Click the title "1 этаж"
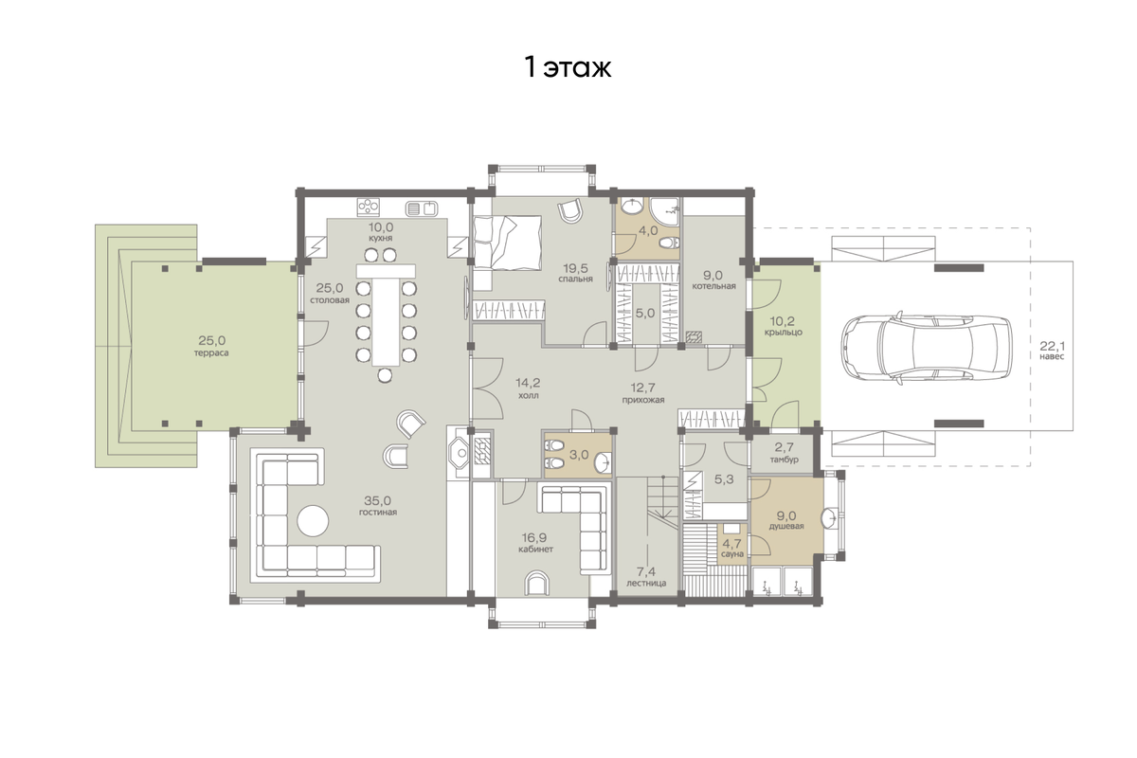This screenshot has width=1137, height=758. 568,68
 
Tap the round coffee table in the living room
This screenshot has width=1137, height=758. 313,521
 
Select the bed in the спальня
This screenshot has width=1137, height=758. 507,242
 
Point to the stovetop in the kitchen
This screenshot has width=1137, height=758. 368,207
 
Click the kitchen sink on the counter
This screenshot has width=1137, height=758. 422,208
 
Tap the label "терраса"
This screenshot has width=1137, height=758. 211,352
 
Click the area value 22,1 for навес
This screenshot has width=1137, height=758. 1053,346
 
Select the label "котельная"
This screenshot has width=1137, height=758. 713,286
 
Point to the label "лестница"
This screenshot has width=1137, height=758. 645,584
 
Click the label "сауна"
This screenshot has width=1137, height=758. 731,554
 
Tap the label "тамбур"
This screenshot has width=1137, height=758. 785,460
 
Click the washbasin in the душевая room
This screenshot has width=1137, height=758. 830,517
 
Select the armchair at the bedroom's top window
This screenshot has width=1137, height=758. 569,211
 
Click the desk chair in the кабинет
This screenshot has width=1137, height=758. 536,583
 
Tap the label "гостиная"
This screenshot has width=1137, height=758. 378,513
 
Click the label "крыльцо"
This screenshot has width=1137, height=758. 784,333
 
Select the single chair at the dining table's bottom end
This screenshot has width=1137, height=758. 385,375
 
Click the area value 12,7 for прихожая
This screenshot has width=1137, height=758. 642,388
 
